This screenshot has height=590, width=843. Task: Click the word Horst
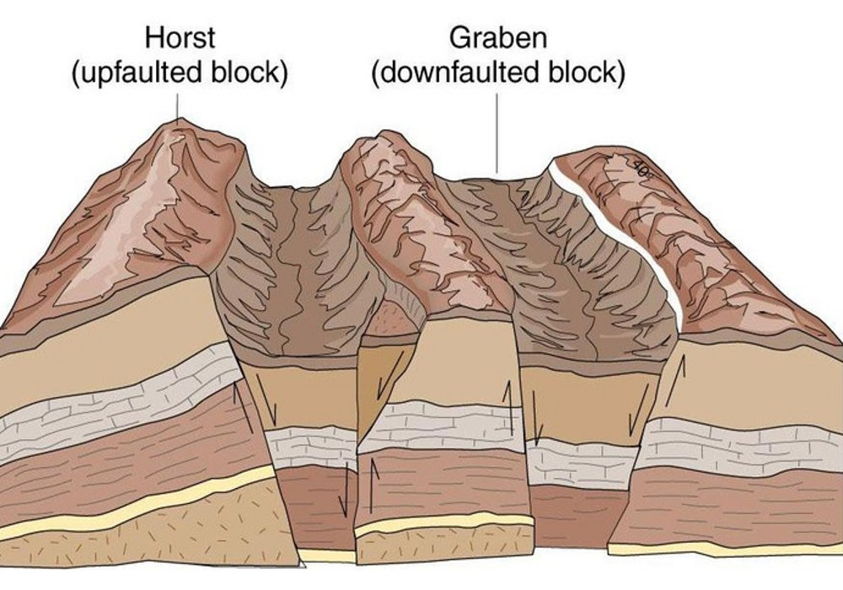pyautogui.click(x=179, y=39)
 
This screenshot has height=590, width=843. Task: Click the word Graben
pyautogui.click(x=497, y=39)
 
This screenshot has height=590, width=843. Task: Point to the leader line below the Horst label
pyautogui.click(x=178, y=105)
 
